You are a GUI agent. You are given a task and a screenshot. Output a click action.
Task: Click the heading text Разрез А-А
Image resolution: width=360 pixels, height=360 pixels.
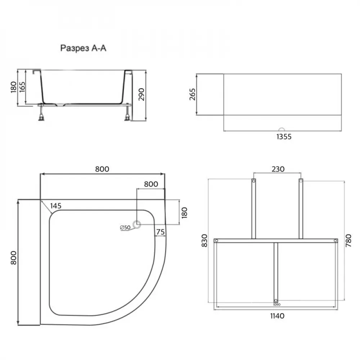(x=83, y=49)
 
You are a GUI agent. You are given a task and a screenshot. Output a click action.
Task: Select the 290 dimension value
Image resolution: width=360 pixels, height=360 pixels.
(x=141, y=94)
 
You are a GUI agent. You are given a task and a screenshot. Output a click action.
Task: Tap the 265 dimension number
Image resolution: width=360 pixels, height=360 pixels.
(x=192, y=94)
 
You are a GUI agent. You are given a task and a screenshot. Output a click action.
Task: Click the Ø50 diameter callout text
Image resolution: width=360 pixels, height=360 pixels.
(x=125, y=228)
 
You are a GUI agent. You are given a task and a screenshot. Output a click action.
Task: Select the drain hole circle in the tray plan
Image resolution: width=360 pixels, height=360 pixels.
(x=137, y=225)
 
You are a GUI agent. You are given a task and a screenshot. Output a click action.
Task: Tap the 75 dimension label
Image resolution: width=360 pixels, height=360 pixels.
(x=161, y=232)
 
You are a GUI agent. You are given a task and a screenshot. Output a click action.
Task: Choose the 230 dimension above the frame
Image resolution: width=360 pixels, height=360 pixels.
(x=278, y=169)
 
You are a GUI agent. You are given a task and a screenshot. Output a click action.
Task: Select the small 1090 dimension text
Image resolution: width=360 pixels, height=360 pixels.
(x=276, y=304)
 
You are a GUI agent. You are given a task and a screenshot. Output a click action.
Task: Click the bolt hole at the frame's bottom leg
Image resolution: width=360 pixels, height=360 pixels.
(x=276, y=301)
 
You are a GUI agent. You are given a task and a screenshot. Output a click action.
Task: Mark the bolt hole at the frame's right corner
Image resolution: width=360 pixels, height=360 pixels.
(x=335, y=240)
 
